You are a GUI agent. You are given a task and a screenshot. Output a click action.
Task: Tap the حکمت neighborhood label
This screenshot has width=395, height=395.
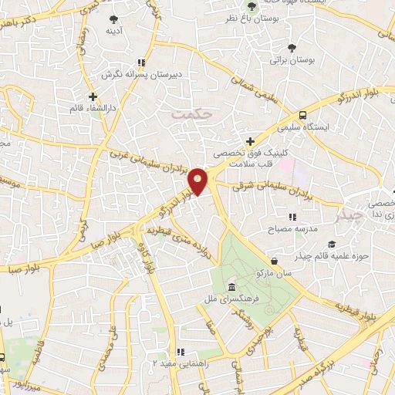pyautogui.click(x=191, y=113)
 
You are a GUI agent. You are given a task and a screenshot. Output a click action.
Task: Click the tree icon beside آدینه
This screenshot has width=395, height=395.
pyautogui.click(x=113, y=18)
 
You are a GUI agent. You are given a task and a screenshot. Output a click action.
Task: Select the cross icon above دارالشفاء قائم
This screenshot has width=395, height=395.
pyautogui.click(x=93, y=97)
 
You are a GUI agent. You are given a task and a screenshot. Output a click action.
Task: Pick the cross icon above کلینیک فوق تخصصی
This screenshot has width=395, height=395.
pyautogui.click(x=250, y=140)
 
